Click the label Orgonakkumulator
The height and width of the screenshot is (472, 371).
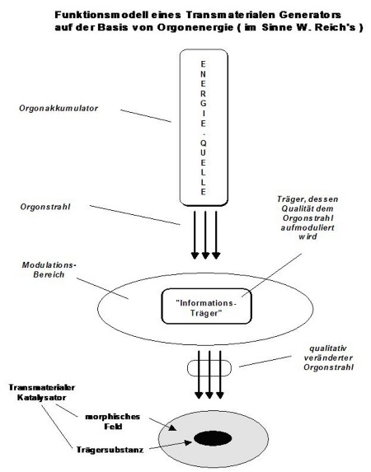[x=59, y=108]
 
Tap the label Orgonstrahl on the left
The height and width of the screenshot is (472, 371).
[x=45, y=207]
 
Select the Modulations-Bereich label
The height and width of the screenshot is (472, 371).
[x=49, y=269]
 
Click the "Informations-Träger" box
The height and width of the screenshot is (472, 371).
[x=206, y=306]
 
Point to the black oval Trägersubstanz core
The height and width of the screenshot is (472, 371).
[x=213, y=438]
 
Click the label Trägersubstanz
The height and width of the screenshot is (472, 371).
[x=110, y=450]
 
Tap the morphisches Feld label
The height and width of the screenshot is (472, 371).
[x=113, y=422]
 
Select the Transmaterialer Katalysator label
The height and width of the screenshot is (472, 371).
[x=41, y=392]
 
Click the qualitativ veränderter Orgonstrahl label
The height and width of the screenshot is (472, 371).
[x=328, y=358]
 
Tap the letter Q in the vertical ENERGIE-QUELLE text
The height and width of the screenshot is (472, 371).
[x=204, y=143]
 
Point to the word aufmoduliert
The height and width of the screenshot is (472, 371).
[x=308, y=227]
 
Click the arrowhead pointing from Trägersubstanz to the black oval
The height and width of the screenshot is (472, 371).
[x=188, y=442]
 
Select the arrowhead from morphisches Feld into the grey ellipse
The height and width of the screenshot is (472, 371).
[x=172, y=428]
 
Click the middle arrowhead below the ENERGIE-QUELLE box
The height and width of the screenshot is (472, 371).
[x=205, y=255]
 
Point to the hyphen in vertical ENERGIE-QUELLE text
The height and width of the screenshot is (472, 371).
[x=204, y=133]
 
